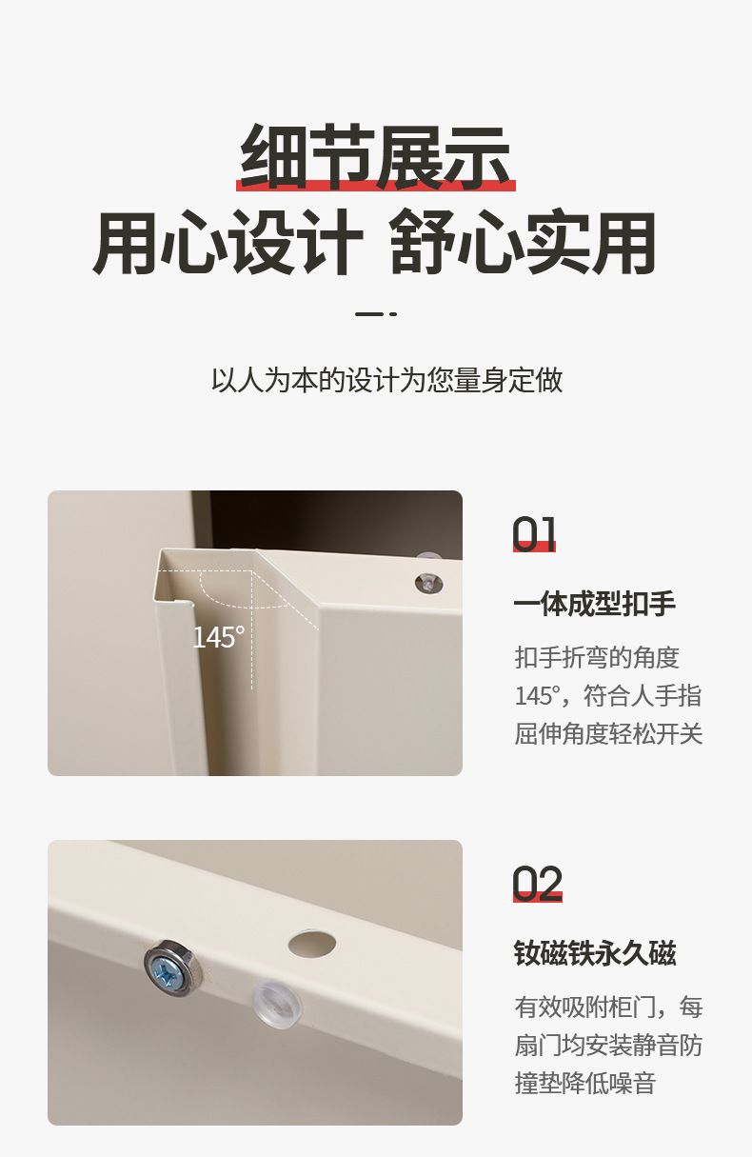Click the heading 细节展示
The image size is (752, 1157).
[x=375, y=156]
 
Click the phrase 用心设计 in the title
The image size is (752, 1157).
[x=228, y=242]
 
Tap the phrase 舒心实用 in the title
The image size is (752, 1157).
[x=523, y=242]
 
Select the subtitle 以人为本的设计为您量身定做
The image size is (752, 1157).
[x=386, y=380]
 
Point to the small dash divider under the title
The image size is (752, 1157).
[x=375, y=313]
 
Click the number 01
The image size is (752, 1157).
[x=534, y=533]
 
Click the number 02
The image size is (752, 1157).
[x=537, y=884]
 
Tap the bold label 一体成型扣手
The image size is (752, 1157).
[x=595, y=604]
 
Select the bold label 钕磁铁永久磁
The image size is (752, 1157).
[x=595, y=953]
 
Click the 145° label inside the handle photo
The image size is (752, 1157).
[x=218, y=637]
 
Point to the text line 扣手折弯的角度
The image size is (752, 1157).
[x=597, y=658]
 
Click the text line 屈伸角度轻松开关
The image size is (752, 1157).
[x=608, y=733]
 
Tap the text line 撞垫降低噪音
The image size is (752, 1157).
[x=585, y=1083]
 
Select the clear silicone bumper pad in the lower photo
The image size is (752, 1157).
[x=276, y=1006]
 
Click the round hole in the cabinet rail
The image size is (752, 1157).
[x=312, y=944]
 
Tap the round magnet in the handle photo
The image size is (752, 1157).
[x=429, y=583]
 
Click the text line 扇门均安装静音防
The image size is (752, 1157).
[x=608, y=1046]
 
